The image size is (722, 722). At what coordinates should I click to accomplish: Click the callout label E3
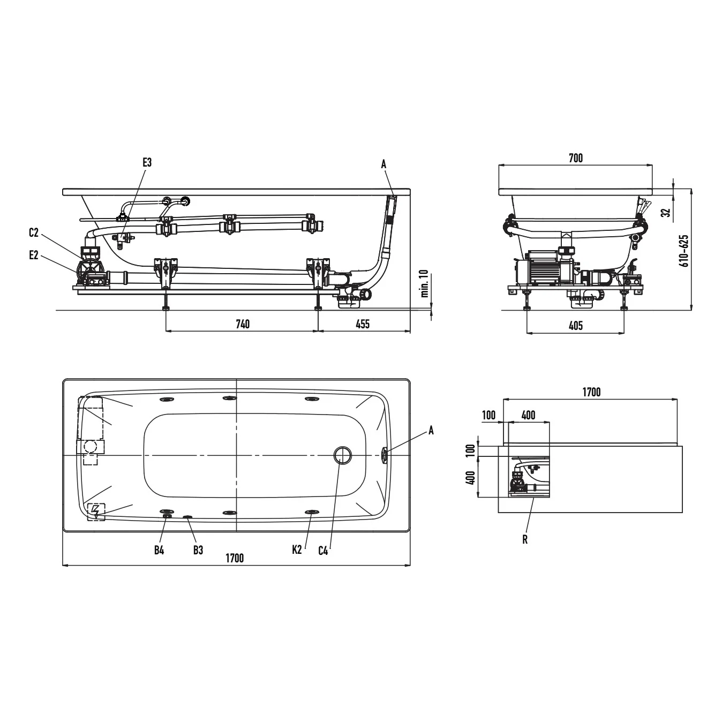coord(147,162)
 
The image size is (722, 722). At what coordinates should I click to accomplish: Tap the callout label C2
coord(34,232)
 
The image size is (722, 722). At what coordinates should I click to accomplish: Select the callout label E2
coord(34,255)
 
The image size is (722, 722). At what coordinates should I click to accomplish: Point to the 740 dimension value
coord(243,324)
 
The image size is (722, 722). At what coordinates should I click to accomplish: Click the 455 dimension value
coord(363,324)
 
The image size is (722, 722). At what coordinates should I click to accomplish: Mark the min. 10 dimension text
coord(425,284)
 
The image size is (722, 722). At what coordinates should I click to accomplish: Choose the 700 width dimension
coord(576,158)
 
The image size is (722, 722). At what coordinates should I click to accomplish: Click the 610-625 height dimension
coord(685,251)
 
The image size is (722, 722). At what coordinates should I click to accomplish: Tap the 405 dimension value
coord(576,325)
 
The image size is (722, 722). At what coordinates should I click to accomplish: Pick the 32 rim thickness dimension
coord(665,213)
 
